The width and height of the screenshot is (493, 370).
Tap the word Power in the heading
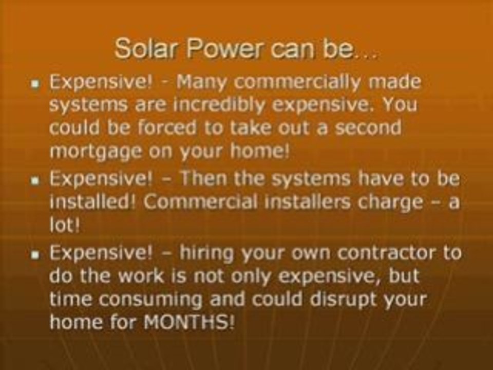point(212,50)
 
